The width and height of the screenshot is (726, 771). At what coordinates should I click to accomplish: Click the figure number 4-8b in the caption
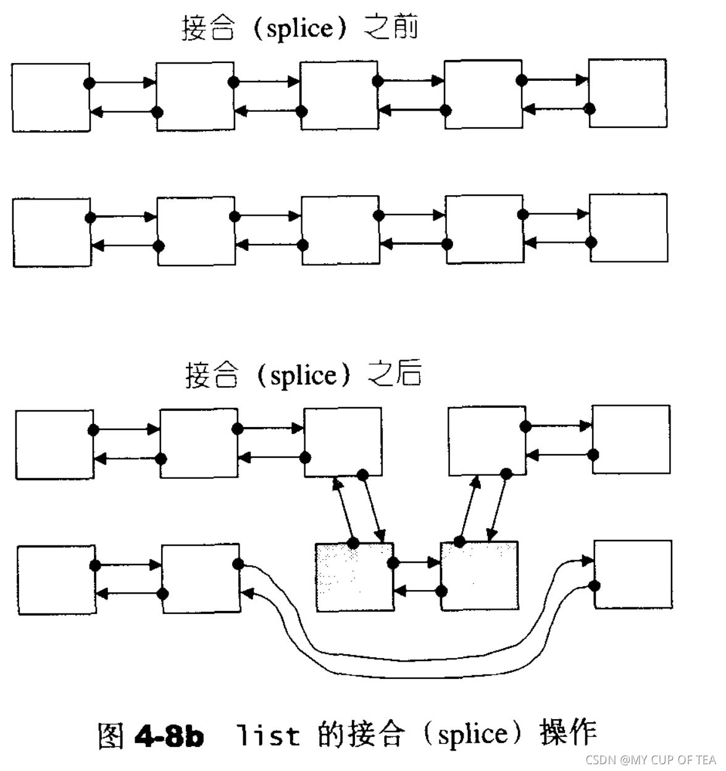click(x=169, y=735)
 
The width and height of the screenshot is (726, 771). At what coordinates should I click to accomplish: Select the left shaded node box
click(x=354, y=577)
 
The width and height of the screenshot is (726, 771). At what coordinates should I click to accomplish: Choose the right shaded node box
click(x=479, y=576)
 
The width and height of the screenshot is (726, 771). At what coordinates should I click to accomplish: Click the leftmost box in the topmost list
click(x=51, y=97)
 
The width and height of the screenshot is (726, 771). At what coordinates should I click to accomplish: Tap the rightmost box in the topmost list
click(x=627, y=93)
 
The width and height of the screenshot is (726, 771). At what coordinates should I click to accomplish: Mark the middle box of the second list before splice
click(x=340, y=230)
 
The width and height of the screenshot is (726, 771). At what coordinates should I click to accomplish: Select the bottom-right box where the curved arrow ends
click(x=632, y=574)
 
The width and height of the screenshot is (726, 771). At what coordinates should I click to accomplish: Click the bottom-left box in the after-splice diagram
click(x=56, y=579)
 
